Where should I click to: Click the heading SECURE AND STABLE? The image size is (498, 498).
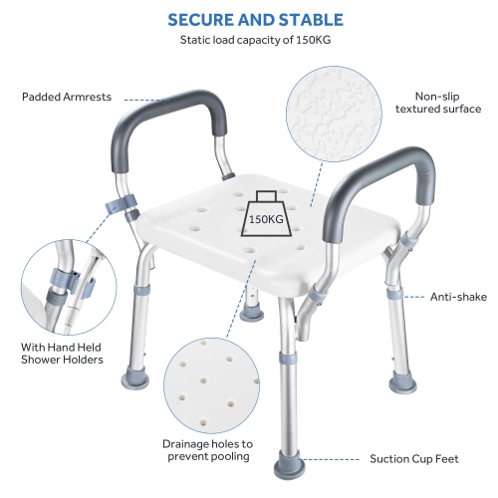point(256,20)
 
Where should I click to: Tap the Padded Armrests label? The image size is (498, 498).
point(67,97)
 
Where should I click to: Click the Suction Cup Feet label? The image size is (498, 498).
point(415,459)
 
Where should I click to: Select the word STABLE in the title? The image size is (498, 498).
point(310,20)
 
